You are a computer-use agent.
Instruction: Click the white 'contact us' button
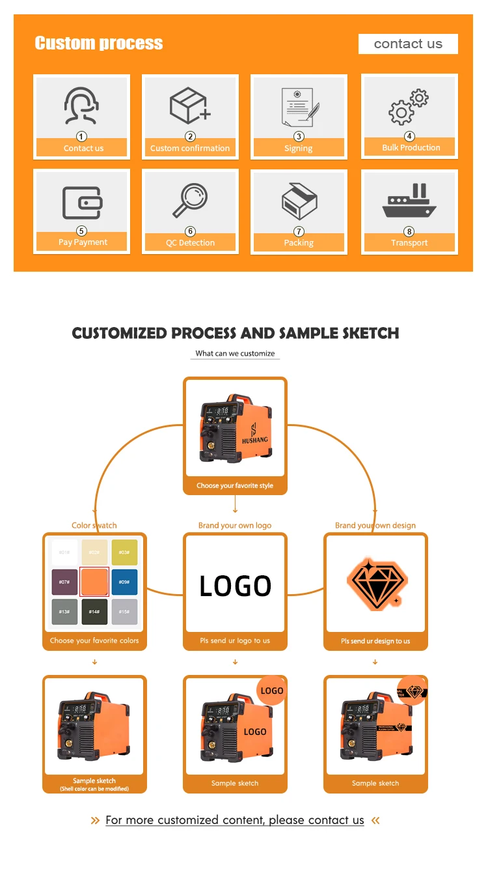click(x=408, y=44)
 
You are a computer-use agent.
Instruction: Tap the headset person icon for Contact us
click(x=81, y=106)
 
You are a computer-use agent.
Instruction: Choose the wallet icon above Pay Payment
click(x=82, y=203)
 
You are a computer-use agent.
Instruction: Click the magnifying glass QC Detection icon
click(x=190, y=201)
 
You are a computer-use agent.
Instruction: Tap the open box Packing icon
click(x=299, y=201)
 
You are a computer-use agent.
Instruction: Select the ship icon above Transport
click(x=409, y=201)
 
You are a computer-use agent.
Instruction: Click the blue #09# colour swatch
click(x=124, y=582)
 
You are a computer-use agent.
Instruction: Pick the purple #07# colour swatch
click(x=64, y=582)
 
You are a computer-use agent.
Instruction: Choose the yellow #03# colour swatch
click(x=124, y=552)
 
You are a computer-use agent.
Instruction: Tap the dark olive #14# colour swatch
click(x=94, y=612)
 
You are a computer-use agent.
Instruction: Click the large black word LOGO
click(x=235, y=586)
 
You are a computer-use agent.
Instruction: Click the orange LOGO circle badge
click(x=271, y=691)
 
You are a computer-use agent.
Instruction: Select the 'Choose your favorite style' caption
click(x=235, y=486)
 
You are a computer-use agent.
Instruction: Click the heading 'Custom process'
click(x=99, y=44)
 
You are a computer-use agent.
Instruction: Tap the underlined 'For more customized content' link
click(x=235, y=820)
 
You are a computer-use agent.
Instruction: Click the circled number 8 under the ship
click(x=409, y=231)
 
